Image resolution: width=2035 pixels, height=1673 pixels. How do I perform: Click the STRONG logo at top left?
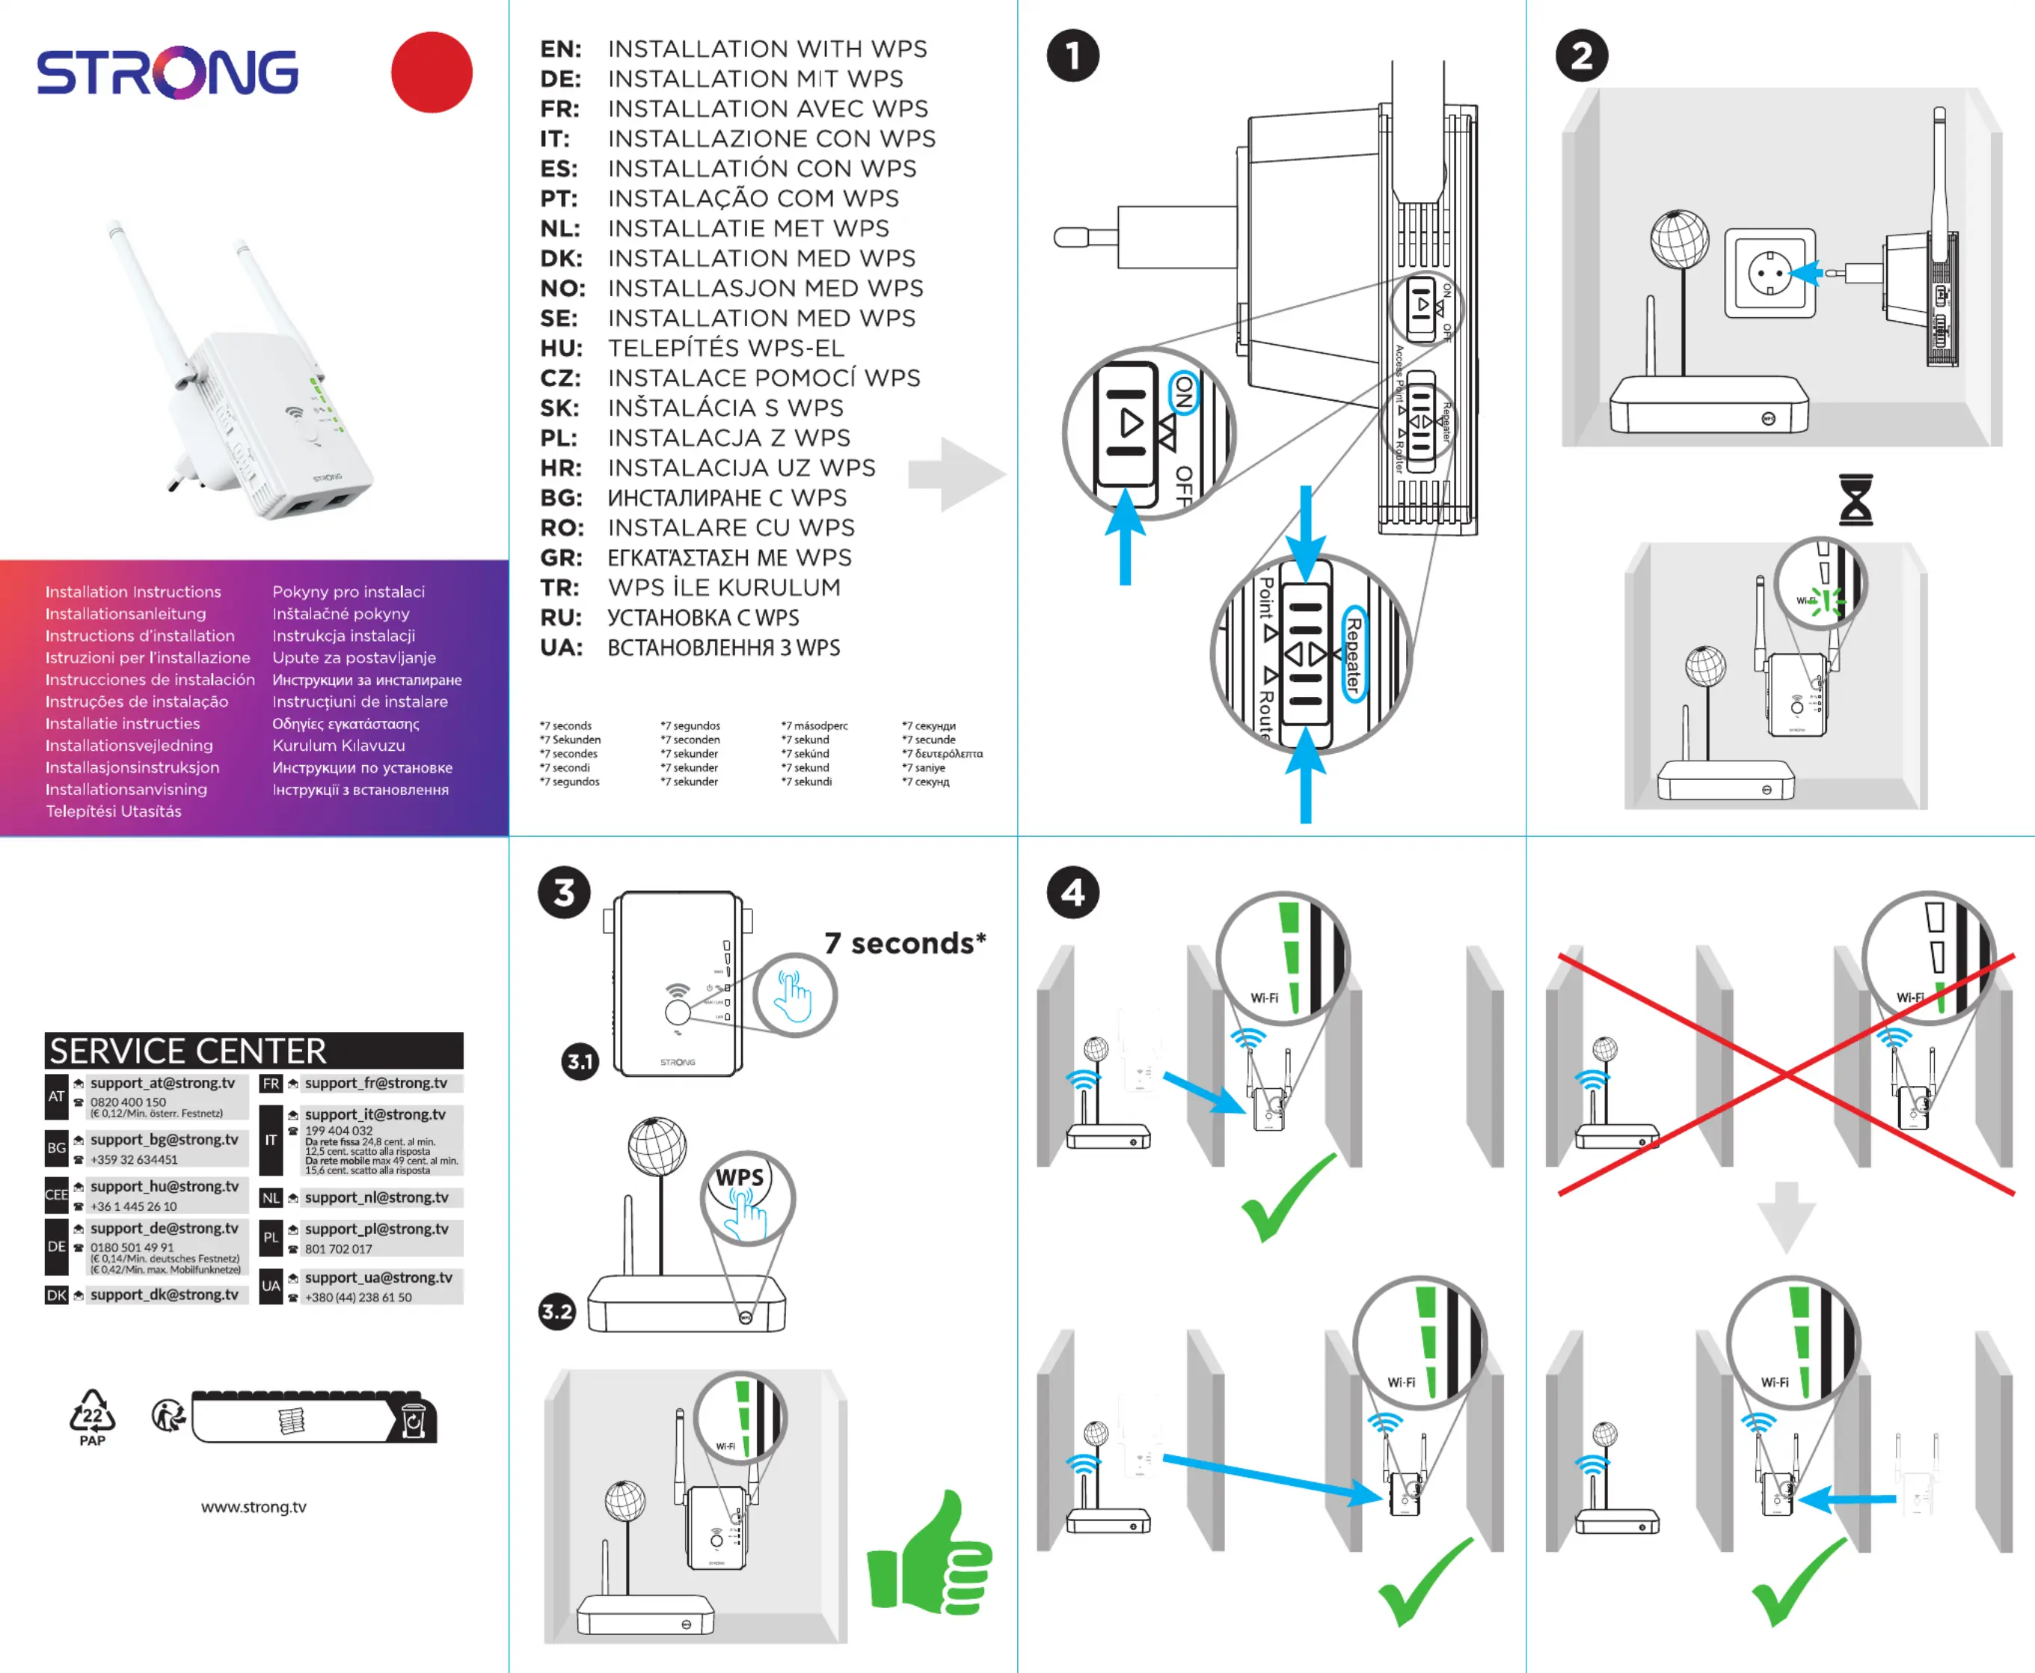(168, 73)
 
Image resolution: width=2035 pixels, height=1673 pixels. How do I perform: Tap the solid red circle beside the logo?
(432, 73)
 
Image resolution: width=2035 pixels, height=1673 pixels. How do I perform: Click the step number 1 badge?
(1072, 56)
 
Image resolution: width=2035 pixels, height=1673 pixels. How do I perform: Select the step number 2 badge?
(1581, 56)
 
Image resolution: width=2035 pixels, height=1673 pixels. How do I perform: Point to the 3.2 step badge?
(557, 1312)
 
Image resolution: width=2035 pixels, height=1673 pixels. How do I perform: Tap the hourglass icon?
(1856, 499)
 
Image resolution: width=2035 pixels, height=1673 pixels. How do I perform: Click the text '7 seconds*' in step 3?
(905, 944)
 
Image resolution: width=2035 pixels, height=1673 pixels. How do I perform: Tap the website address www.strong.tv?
(254, 1507)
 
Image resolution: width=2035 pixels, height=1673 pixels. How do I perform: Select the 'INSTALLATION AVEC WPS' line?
(768, 109)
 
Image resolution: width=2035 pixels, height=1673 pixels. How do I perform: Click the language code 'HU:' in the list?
(561, 348)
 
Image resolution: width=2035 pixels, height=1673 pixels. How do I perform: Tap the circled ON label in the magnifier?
(1183, 392)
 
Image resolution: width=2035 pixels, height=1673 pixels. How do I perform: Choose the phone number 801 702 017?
(338, 1249)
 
